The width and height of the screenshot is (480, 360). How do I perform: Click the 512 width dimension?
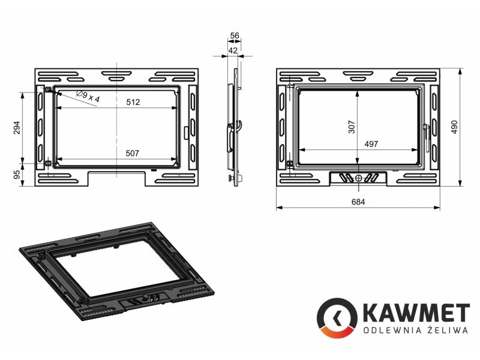[133, 102]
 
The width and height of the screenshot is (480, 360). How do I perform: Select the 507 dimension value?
[132, 153]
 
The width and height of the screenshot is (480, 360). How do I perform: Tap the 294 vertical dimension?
[17, 128]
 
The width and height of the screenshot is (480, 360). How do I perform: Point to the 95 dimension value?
[17, 174]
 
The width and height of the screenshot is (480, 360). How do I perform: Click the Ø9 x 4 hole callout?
[88, 96]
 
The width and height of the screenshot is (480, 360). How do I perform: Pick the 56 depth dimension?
[235, 36]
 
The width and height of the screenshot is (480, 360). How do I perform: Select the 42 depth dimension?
[233, 50]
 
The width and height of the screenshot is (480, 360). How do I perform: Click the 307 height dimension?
[352, 127]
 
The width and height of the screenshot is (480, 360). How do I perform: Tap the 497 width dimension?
[371, 144]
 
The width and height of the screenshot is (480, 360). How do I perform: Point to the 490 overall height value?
[454, 127]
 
